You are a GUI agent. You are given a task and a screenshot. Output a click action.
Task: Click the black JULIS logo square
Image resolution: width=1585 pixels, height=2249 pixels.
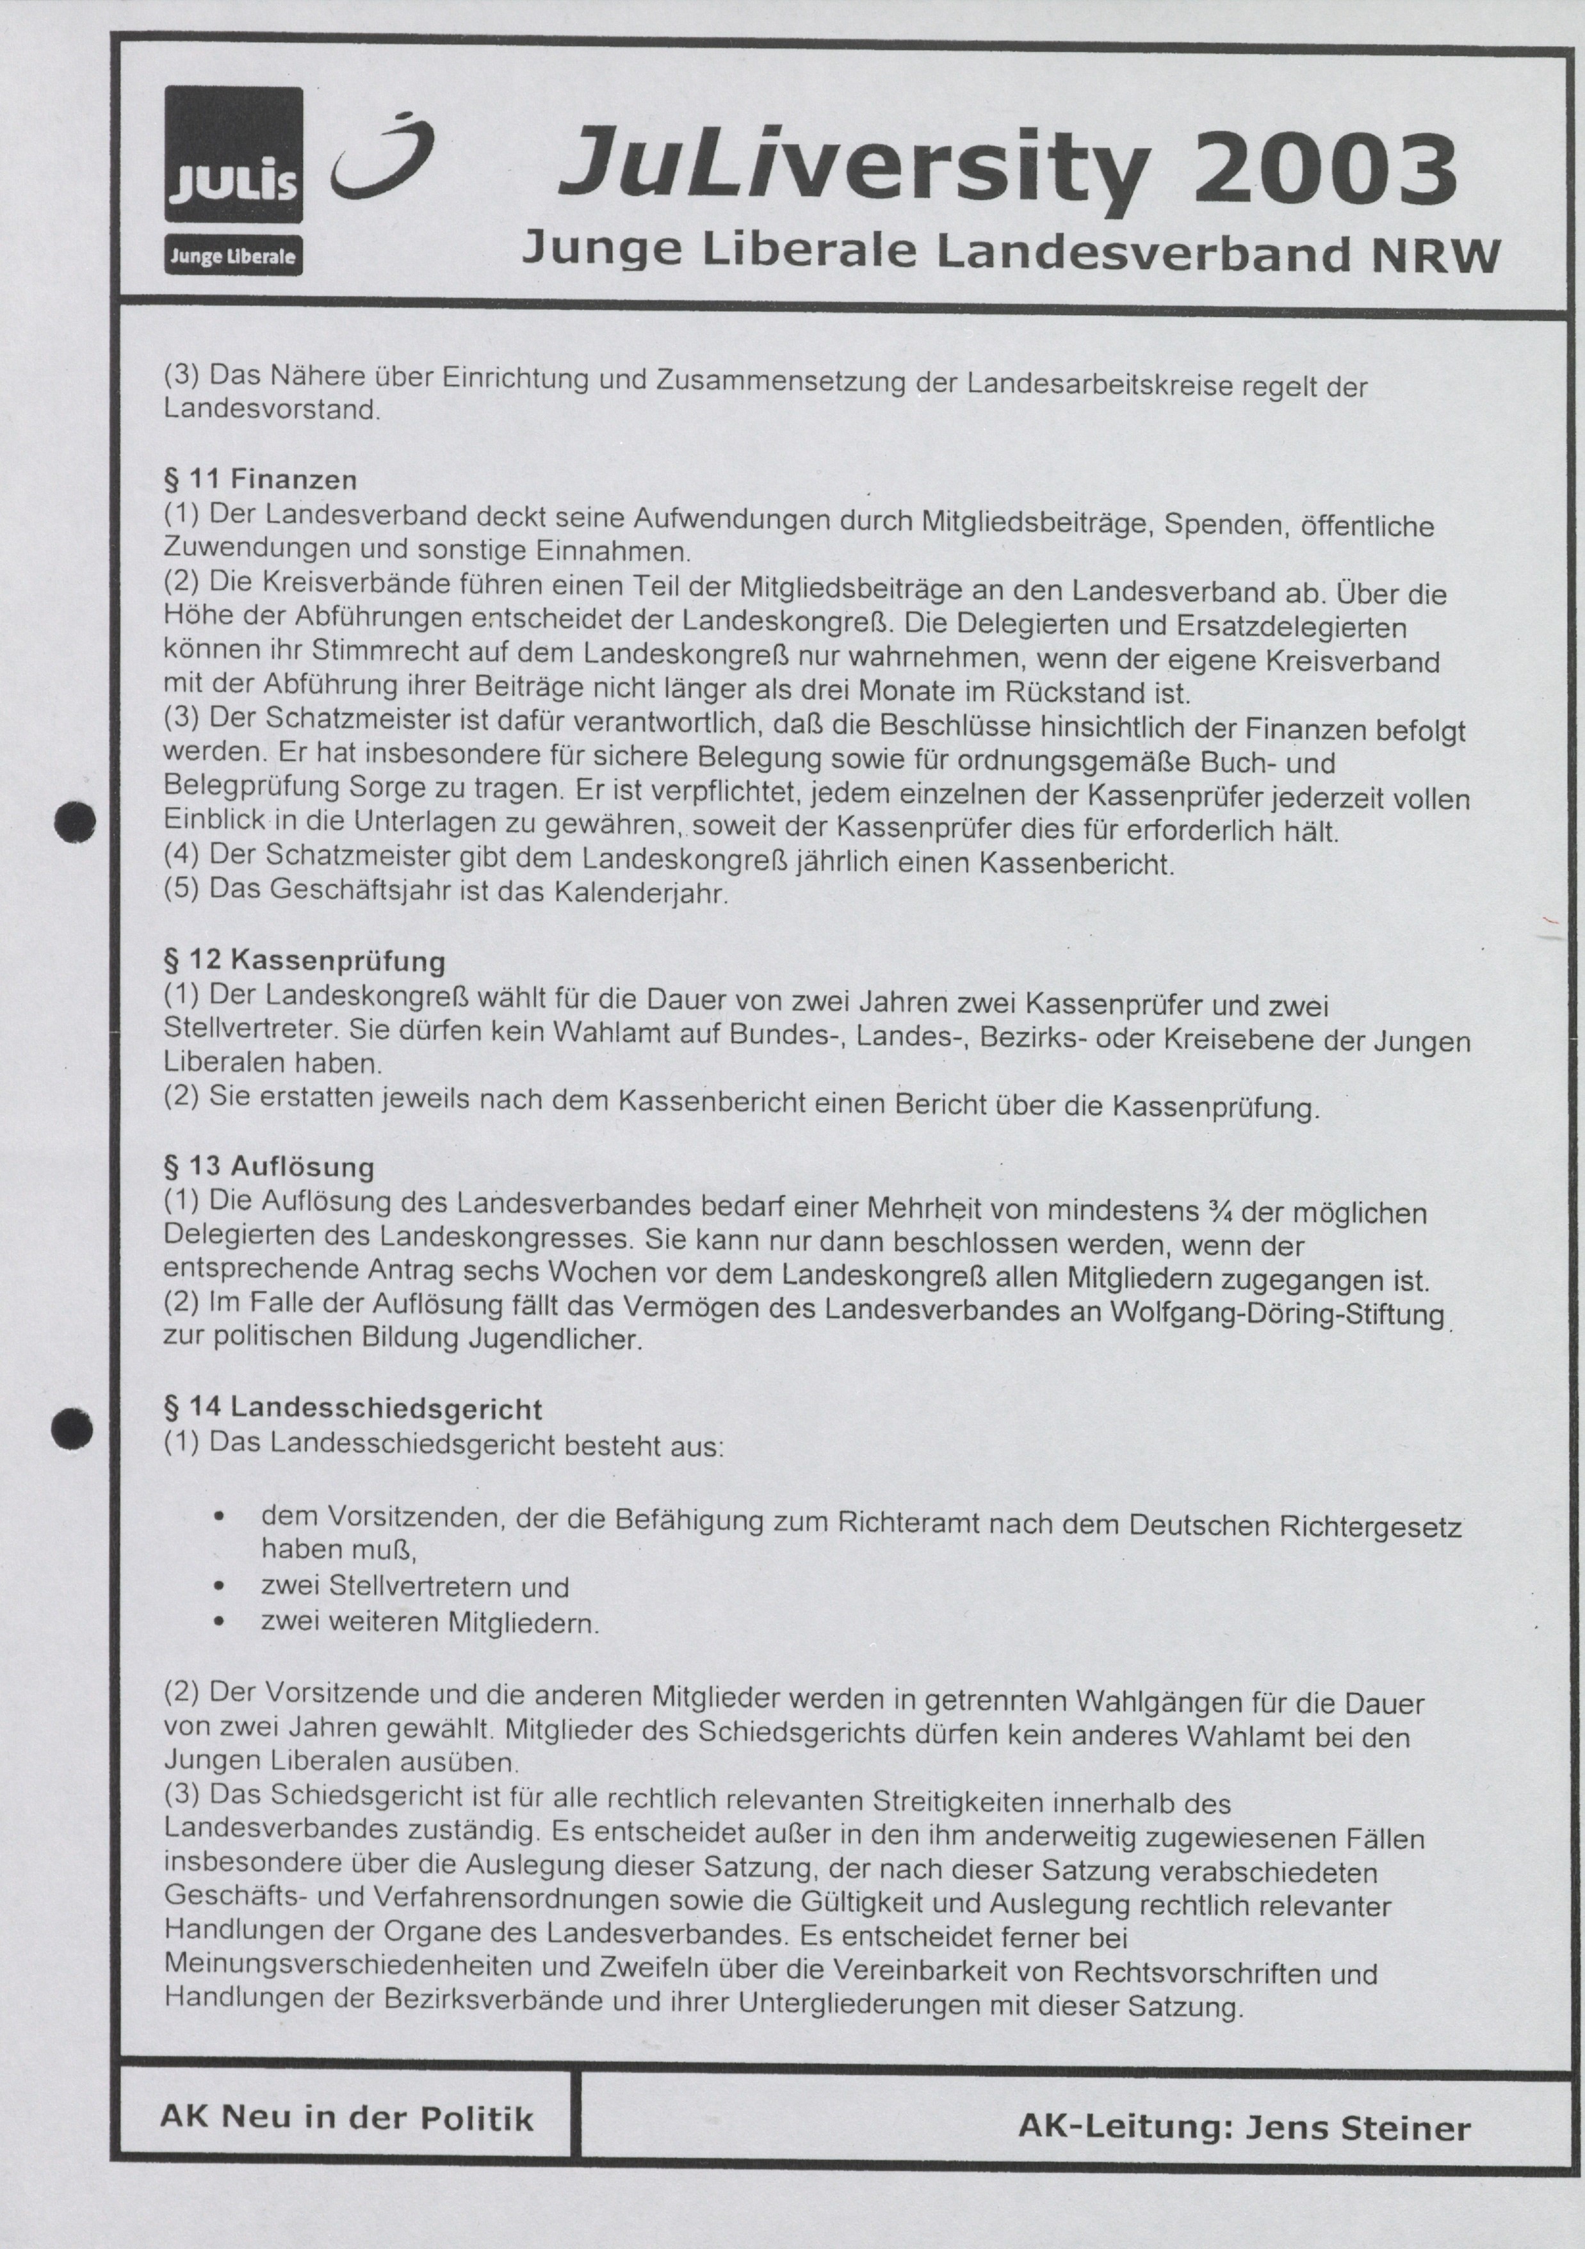click(x=233, y=155)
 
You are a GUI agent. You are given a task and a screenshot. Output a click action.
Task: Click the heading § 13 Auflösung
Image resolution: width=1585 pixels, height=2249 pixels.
click(x=270, y=1167)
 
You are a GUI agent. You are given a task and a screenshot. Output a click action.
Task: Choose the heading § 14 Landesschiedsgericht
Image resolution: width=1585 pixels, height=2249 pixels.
click(x=353, y=1409)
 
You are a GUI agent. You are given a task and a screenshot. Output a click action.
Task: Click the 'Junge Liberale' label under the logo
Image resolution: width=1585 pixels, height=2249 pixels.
click(x=233, y=257)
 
